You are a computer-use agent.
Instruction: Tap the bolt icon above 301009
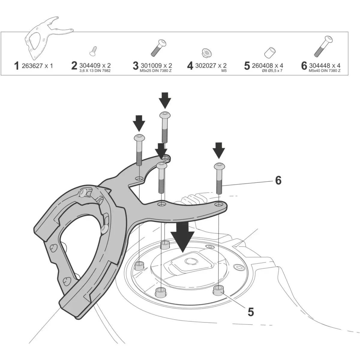click(157, 48)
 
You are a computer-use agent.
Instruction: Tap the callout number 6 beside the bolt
click(278, 180)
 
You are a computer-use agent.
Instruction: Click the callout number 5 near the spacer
click(250, 312)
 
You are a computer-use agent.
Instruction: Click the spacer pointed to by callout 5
click(219, 291)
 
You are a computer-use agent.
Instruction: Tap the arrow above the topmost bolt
click(165, 100)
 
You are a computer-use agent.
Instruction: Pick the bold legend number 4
click(190, 66)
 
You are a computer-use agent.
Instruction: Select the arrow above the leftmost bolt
click(139, 122)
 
